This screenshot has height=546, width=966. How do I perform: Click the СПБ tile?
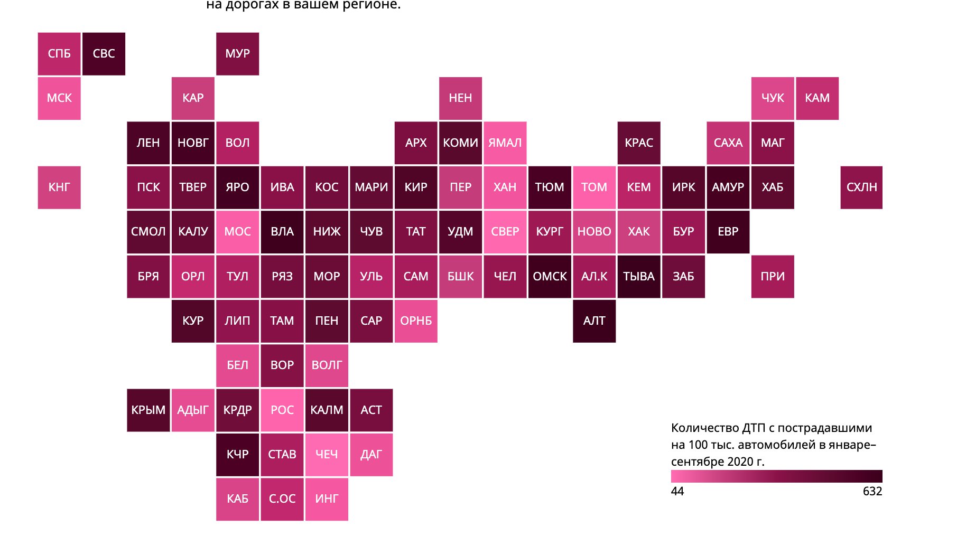pos(59,54)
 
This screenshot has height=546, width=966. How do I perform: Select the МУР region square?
pos(237,54)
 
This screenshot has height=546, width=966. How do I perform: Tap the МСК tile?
pos(59,98)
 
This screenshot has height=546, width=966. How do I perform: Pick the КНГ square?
pos(59,187)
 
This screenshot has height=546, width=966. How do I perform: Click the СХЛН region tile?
pos(861,187)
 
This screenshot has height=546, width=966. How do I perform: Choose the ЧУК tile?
pos(773,98)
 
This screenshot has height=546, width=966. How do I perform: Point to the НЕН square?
pos(460,98)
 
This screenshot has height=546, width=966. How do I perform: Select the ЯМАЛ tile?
pos(505,143)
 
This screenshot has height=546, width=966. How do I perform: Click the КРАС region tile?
pos(639,143)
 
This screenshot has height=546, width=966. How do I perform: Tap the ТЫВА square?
pos(639,277)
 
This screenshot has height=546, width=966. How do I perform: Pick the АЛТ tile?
pos(594,321)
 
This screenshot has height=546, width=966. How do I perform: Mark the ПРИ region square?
pos(773,277)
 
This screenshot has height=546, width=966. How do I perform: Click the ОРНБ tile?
pos(416,321)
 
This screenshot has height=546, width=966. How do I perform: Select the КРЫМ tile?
pos(148,410)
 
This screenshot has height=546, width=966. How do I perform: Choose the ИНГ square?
pos(327,499)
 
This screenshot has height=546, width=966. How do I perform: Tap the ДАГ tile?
pos(371,455)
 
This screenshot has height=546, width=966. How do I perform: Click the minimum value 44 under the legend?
pos(677,492)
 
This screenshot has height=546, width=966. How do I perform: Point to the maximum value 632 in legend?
pos(872,492)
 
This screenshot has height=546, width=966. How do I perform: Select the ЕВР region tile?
pos(728,232)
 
